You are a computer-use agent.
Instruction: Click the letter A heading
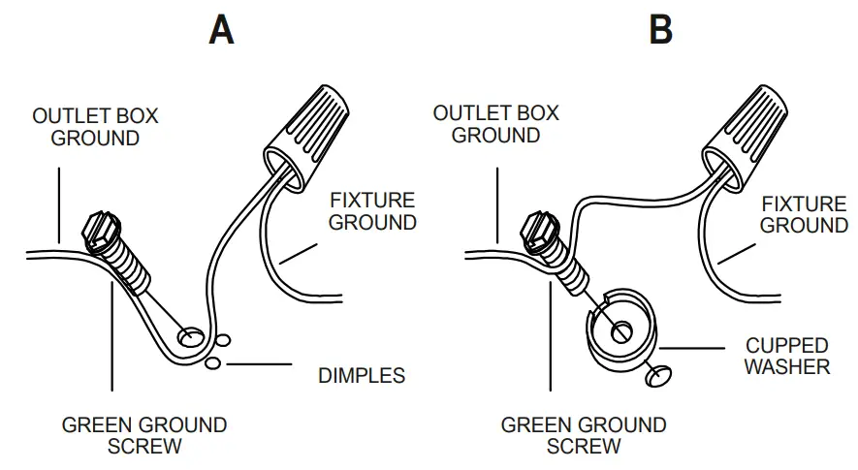(x=222, y=30)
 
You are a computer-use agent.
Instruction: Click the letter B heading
(x=660, y=30)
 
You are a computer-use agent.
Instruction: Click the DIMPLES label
(x=362, y=375)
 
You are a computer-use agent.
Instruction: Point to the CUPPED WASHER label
(x=787, y=356)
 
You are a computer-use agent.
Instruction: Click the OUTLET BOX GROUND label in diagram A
(x=95, y=127)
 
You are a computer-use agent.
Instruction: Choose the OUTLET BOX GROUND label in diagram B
(x=495, y=124)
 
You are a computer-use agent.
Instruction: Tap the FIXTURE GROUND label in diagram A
(x=372, y=211)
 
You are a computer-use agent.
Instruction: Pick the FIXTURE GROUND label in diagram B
(x=804, y=214)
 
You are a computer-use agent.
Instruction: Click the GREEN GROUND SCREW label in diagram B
(x=584, y=435)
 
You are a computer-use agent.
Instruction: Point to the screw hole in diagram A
(x=191, y=336)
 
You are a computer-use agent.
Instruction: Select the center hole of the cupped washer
(x=620, y=331)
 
